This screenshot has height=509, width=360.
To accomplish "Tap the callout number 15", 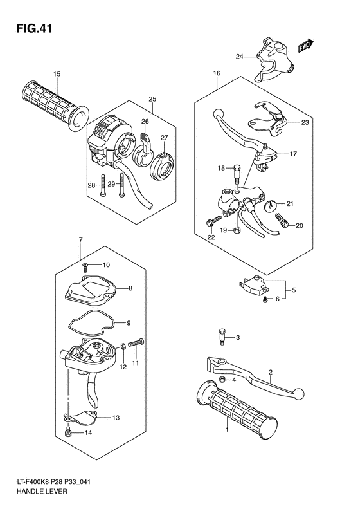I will (57, 75).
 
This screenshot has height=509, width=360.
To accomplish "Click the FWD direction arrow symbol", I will (305, 46).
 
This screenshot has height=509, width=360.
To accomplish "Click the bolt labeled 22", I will (211, 223).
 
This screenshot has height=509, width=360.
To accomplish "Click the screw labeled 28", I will (102, 185).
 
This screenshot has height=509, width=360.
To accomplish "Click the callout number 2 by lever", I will (271, 372).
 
